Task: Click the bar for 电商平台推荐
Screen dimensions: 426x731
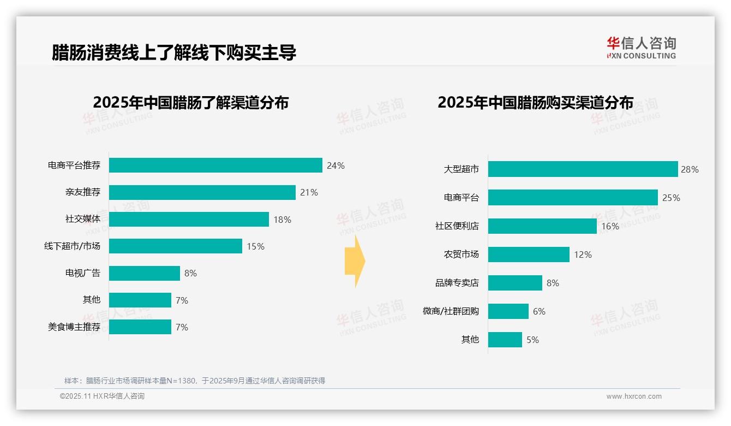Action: tap(215, 165)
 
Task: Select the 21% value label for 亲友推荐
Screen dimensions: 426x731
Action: tap(309, 192)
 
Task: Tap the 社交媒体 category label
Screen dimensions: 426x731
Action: tap(83, 219)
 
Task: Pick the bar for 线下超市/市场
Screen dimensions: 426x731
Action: tap(175, 246)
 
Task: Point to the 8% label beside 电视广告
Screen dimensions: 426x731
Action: tap(190, 273)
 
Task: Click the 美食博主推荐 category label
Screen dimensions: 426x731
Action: tap(74, 327)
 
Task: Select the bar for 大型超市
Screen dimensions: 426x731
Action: tap(583, 169)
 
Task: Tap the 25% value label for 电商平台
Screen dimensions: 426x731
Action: tap(671, 198)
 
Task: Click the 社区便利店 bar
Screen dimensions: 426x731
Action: tap(542, 226)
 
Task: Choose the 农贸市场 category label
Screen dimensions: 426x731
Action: tap(461, 255)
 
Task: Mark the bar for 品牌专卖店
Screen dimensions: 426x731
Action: tap(515, 283)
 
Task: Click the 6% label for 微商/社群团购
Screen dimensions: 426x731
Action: tap(539, 311)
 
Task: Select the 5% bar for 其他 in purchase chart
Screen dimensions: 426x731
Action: tap(505, 340)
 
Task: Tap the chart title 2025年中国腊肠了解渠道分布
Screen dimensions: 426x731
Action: tap(190, 103)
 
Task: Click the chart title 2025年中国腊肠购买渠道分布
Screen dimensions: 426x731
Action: tap(535, 103)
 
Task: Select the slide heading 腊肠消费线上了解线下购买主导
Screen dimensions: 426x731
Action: tap(174, 52)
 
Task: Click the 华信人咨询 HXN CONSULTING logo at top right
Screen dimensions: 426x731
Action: tap(641, 48)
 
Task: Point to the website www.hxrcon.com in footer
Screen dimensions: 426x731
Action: tap(634, 397)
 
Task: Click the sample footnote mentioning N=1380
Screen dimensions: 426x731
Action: tap(195, 381)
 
